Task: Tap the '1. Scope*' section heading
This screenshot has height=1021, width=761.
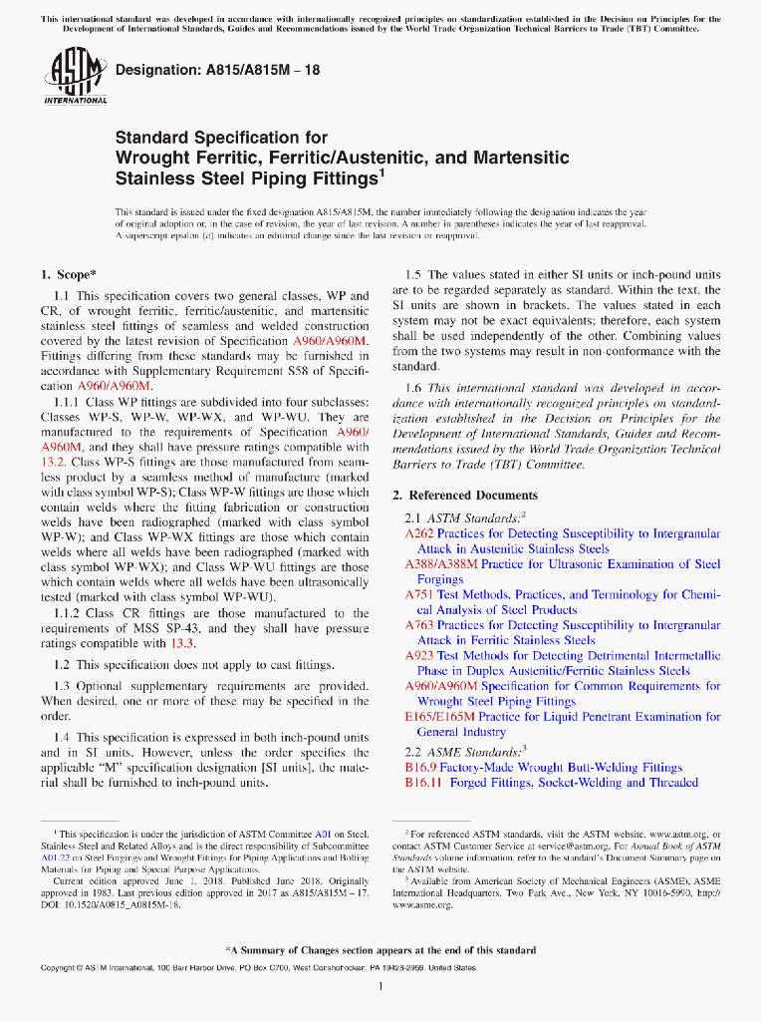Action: tap(68, 274)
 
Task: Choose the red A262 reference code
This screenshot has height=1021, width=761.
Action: tap(417, 534)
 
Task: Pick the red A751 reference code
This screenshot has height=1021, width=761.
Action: tap(417, 595)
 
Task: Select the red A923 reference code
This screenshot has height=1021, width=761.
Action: tap(417, 656)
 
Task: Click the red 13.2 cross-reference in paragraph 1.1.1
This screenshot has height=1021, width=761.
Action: tap(53, 463)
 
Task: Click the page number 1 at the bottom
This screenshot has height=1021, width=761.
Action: tap(380, 987)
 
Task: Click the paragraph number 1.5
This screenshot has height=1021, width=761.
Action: tap(415, 275)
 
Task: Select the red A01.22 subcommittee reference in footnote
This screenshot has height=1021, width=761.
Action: tap(54, 856)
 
